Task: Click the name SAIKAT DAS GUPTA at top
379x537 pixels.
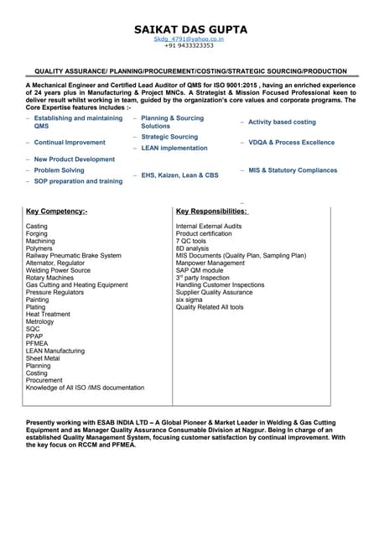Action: point(190,29)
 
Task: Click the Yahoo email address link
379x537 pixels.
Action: point(189,39)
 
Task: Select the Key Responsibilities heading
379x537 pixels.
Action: point(211,211)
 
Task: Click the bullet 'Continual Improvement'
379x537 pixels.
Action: point(70,143)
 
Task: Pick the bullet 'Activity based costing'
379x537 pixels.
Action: point(282,123)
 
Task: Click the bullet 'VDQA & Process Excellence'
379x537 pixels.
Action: point(291,143)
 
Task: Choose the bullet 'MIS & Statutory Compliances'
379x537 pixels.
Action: point(293,170)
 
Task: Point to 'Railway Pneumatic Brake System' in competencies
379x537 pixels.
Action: point(73,256)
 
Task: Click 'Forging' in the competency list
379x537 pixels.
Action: point(38,234)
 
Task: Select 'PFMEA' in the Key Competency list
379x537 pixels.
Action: point(38,343)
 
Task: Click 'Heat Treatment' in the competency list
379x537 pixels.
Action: point(49,314)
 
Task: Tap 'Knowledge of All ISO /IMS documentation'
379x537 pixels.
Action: point(85,388)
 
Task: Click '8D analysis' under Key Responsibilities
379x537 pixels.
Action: point(192,248)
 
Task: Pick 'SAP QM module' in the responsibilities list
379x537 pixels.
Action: point(200,270)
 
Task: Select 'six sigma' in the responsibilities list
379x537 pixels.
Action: point(189,300)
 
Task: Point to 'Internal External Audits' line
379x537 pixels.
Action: point(209,227)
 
